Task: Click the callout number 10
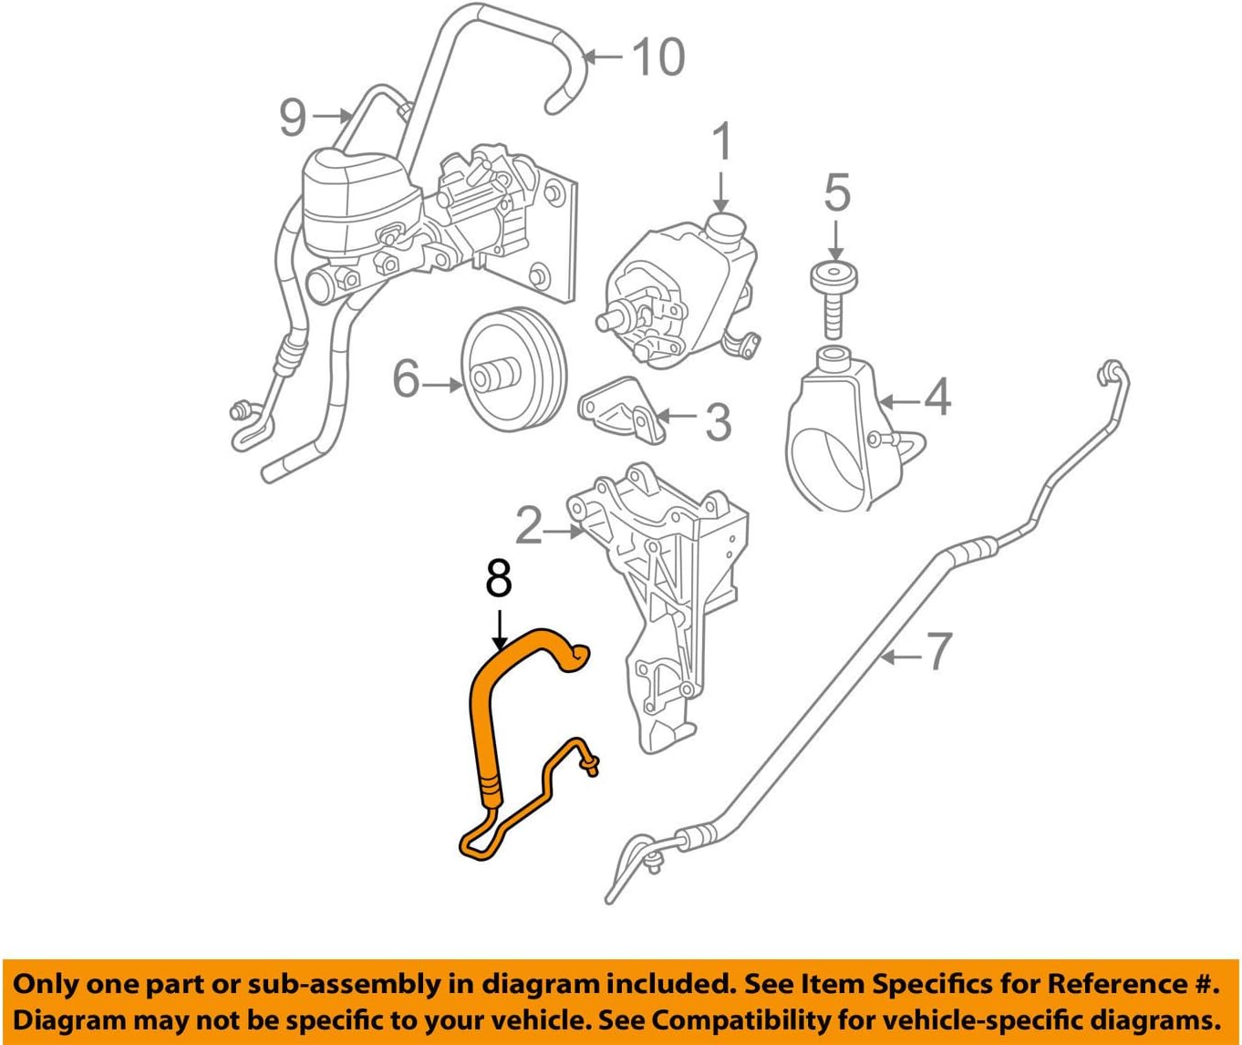pos(657,57)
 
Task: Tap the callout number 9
pos(293,118)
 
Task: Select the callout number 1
pos(721,143)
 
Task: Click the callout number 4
pos(937,398)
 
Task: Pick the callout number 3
pos(719,421)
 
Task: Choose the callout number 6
pos(407,378)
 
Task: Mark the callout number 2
pos(529,525)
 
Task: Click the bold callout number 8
pos(499,578)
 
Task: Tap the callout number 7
pos(938,651)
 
